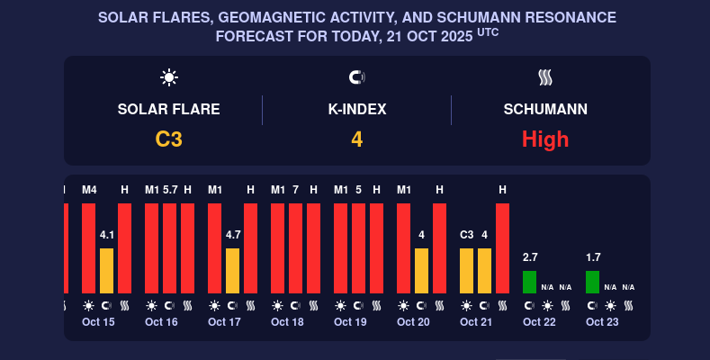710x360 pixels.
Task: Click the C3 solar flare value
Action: (168, 139)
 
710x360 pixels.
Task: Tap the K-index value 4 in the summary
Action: (356, 139)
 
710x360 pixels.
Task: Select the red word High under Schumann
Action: (545, 139)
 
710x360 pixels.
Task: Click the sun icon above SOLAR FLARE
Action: (169, 77)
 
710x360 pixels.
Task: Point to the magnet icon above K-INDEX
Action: (356, 77)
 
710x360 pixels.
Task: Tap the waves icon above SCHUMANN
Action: (545, 77)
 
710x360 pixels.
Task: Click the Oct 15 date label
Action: (98, 322)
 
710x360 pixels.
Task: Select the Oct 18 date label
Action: (287, 322)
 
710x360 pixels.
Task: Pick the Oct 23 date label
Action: (602, 322)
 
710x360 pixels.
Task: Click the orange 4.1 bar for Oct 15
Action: (106, 270)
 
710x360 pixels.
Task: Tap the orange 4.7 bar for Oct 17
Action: (232, 270)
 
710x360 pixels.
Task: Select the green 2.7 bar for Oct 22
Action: (529, 282)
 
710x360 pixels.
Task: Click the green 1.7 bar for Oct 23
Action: (592, 282)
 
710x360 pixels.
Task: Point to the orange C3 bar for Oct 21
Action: (466, 270)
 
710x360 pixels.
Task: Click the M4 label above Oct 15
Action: (89, 190)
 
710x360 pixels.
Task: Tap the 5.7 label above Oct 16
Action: (170, 190)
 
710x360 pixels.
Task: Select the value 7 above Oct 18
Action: (295, 190)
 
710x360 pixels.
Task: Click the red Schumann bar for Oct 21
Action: (502, 247)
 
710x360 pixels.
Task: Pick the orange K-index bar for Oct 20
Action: (421, 270)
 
